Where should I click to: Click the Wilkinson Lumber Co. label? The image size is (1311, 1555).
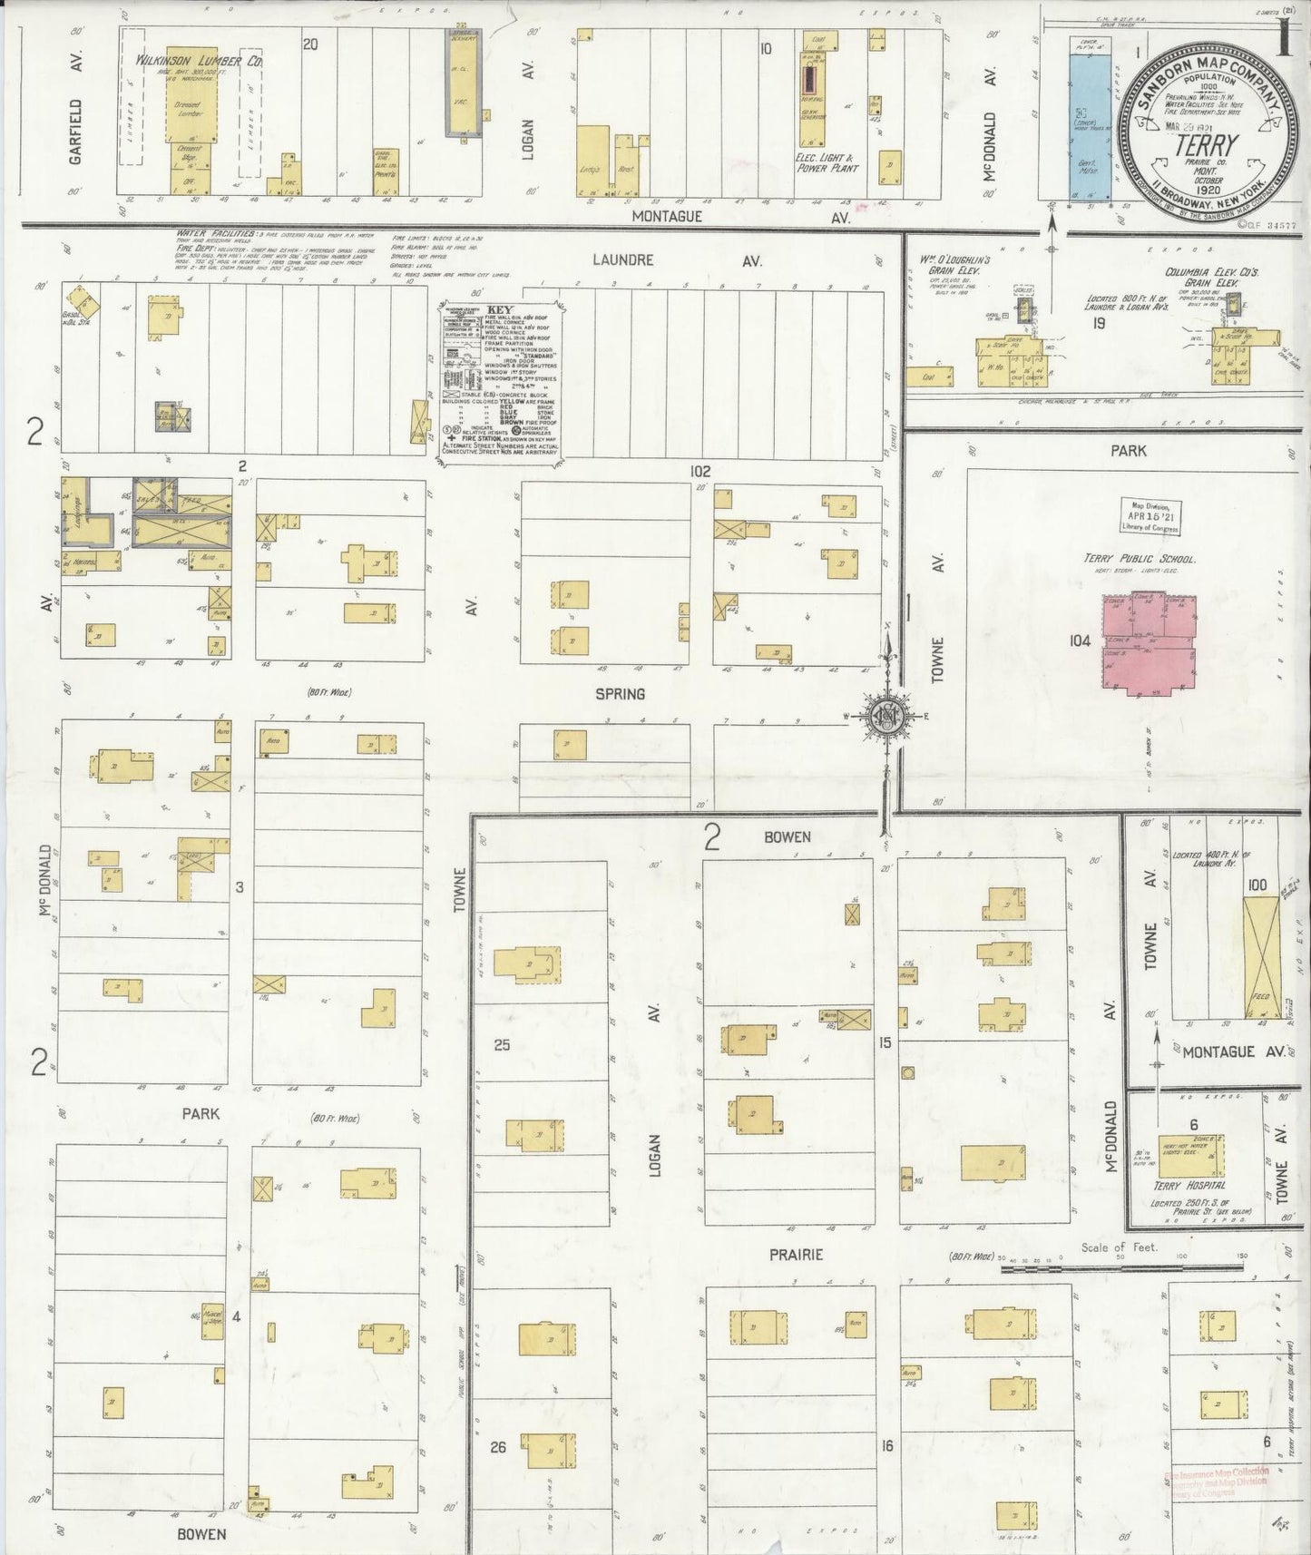click(x=200, y=62)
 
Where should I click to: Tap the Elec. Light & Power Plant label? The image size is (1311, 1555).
click(x=826, y=162)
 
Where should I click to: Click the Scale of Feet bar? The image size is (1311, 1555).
click(x=1120, y=1266)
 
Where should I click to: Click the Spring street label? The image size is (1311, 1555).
click(x=620, y=694)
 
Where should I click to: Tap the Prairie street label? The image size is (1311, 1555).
click(x=796, y=1255)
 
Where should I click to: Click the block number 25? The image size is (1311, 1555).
click(x=501, y=1045)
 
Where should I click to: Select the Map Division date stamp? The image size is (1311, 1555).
click(x=1149, y=518)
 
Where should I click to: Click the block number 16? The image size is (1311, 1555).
click(x=886, y=1446)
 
